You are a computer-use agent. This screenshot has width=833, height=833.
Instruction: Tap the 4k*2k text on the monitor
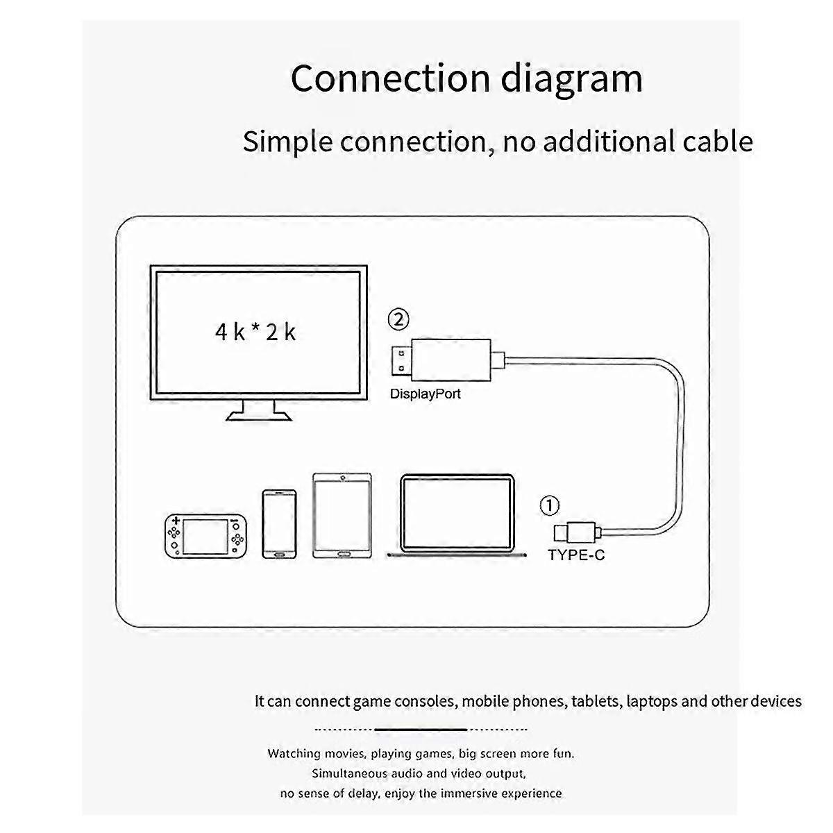255,332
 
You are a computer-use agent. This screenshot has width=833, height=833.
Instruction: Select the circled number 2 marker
398,319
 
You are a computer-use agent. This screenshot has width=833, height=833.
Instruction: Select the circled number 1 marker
549,505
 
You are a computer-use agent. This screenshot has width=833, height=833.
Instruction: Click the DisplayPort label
425,394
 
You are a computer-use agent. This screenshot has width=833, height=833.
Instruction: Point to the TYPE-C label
575,555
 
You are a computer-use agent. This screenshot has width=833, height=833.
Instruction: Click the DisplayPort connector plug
444,358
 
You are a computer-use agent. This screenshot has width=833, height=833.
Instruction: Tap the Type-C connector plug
575,532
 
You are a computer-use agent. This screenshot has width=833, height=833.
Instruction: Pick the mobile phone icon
279,524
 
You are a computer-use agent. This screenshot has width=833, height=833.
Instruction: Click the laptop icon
457,514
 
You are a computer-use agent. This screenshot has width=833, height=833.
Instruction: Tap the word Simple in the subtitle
288,142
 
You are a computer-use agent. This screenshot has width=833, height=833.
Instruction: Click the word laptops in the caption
651,701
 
